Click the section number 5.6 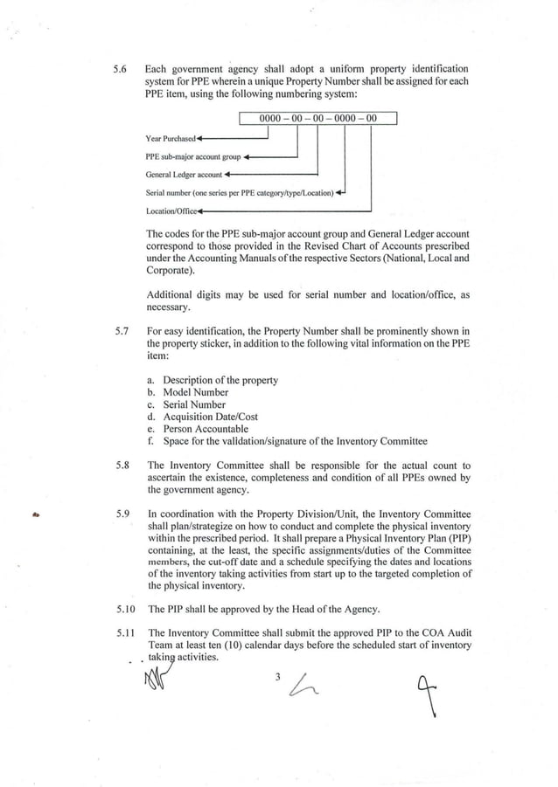point(121,69)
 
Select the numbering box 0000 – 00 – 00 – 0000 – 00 point(318,119)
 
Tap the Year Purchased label point(171,139)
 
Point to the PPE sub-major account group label point(193,157)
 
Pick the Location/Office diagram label point(171,211)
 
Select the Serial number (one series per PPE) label point(240,192)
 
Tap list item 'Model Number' point(195,392)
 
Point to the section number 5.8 point(122,466)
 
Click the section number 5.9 point(122,514)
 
